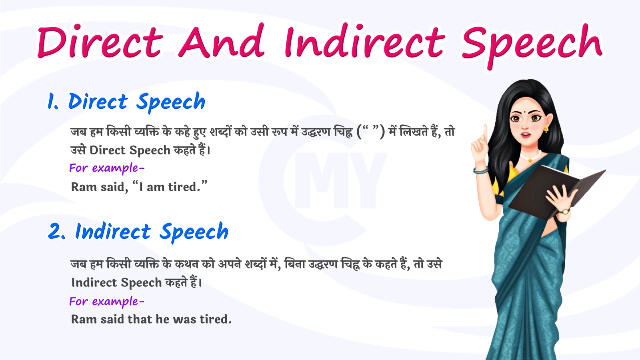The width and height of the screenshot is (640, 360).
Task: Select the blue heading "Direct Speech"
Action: coord(136,101)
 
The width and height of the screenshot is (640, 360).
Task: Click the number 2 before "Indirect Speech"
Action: coord(55,231)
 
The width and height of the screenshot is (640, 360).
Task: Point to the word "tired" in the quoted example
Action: coord(183,187)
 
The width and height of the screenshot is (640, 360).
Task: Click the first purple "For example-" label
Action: coord(106,168)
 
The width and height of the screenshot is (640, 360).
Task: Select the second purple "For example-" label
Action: coord(106,301)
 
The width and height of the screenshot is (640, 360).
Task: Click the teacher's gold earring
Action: coord(546,129)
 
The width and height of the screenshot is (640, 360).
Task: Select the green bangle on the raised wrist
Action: coord(481,171)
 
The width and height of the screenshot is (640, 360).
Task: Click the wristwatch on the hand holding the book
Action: coord(565,211)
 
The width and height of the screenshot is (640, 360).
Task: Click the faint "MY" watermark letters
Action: coord(340,180)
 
